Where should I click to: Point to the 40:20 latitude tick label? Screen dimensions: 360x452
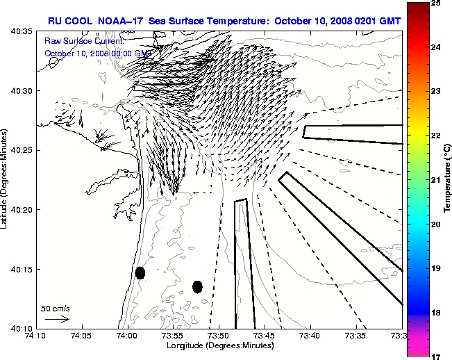pyautogui.click(x=23, y=209)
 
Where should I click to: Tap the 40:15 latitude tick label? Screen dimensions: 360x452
pyautogui.click(x=23, y=269)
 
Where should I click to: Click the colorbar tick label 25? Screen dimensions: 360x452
pyautogui.click(x=434, y=4)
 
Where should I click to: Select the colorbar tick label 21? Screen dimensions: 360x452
pyautogui.click(x=434, y=180)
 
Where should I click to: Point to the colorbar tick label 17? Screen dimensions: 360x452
pyautogui.click(x=434, y=355)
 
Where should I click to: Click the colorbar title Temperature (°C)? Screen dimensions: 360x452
pyautogui.click(x=447, y=179)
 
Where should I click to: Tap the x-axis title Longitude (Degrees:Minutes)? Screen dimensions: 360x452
pyautogui.click(x=219, y=345)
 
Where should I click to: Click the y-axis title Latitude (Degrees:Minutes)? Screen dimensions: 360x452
pyautogui.click(x=6, y=179)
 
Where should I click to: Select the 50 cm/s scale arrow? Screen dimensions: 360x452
pyautogui.click(x=57, y=319)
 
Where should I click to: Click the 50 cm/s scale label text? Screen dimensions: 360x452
pyautogui.click(x=55, y=308)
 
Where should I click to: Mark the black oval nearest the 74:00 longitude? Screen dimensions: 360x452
pyautogui.click(x=140, y=272)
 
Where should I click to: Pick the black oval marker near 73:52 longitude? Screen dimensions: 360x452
pyautogui.click(x=197, y=286)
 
